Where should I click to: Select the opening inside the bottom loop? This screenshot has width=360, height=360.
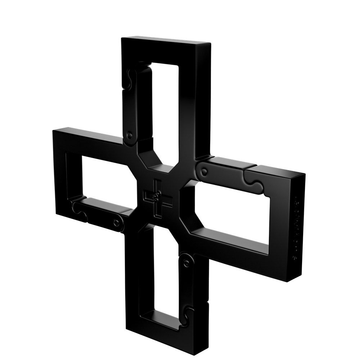(167, 274)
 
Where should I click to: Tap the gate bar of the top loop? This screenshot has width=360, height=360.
(140, 104)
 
